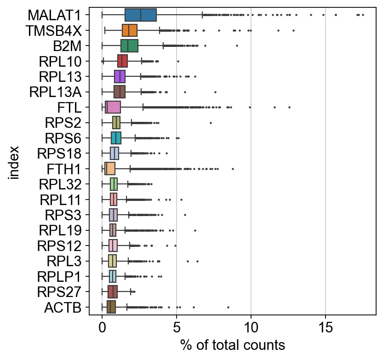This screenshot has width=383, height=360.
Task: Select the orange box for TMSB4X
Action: [x=130, y=30]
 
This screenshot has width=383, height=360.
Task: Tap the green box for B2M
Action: [x=129, y=46]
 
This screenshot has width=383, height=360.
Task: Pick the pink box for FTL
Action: [x=113, y=107]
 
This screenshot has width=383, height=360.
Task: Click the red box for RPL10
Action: [x=122, y=61]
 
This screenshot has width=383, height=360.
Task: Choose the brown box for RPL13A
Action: [x=120, y=92]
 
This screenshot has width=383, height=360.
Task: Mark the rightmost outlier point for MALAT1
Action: [x=363, y=15]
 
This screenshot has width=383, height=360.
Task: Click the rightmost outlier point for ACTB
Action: [x=228, y=307]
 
